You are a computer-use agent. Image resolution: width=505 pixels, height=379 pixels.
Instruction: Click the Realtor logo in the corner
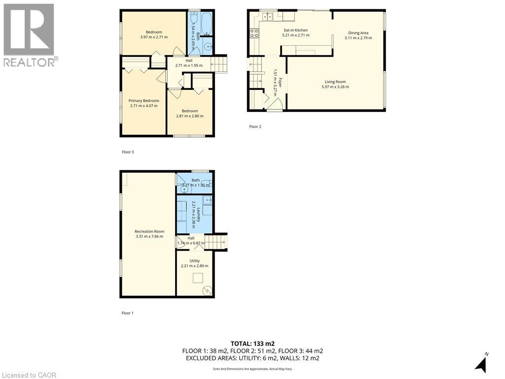click(29, 35)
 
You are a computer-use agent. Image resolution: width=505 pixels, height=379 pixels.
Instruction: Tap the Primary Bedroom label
click(144, 101)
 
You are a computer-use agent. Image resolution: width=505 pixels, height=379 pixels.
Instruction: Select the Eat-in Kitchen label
click(295, 30)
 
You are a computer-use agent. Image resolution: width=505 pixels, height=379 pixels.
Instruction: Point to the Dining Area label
click(358, 33)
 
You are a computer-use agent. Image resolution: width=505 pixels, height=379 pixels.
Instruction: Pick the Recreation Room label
click(149, 231)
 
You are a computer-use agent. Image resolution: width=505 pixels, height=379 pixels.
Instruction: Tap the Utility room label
click(194, 261)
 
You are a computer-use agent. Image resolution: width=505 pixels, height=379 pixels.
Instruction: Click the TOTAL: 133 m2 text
click(252, 343)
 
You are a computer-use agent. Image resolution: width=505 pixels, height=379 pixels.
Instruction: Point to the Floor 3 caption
click(128, 152)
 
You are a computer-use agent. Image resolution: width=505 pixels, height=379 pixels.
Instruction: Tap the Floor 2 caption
click(255, 127)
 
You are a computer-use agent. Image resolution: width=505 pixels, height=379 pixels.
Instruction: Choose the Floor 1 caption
click(128, 313)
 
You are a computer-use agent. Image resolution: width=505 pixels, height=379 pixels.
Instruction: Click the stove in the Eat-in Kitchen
click(255, 34)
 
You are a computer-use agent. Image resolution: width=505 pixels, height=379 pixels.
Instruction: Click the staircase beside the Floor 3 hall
click(218, 64)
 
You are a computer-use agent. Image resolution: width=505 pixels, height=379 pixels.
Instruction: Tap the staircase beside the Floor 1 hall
click(216, 242)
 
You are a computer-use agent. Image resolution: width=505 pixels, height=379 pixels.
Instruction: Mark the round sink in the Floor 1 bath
click(184, 189)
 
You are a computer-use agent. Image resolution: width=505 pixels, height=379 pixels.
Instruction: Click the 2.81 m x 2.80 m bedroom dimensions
click(189, 116)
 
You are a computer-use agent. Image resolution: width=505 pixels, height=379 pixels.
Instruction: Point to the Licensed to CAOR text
click(29, 375)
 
